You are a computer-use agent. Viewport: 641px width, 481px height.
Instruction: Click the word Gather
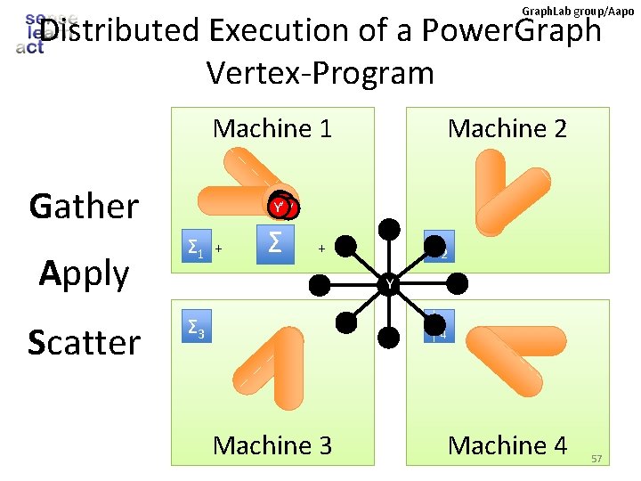coord(84,206)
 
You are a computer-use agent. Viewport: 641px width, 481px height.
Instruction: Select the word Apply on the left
coord(85,273)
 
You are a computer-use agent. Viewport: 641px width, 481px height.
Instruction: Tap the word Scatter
coord(84,342)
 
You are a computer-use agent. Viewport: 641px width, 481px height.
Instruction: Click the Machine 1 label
coord(272,128)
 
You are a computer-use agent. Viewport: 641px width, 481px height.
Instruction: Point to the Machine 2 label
coord(507,128)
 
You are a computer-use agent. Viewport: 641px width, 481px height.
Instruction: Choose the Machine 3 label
coord(272,444)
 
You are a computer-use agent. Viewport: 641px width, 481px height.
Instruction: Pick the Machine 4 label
coord(507,444)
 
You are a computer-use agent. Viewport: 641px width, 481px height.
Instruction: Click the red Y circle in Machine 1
coord(280,208)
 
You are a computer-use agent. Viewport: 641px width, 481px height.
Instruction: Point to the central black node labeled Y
coord(388,284)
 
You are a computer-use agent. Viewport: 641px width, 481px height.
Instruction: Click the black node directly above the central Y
coord(388,229)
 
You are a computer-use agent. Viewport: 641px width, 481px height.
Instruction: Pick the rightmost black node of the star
coord(457,284)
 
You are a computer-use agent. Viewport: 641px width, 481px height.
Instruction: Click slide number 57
coord(596,458)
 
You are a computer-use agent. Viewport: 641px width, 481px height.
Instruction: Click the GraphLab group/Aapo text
coord(578,11)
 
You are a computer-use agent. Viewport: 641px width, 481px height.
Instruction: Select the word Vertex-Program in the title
coord(320,73)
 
